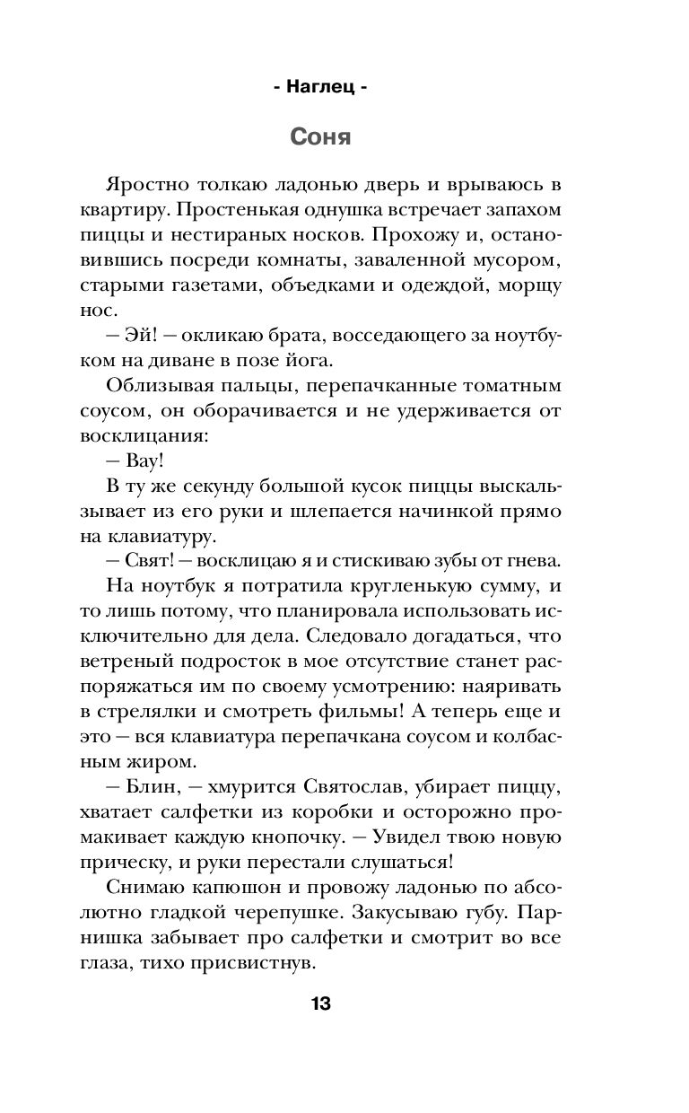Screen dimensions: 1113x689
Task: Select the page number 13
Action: (320, 1003)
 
